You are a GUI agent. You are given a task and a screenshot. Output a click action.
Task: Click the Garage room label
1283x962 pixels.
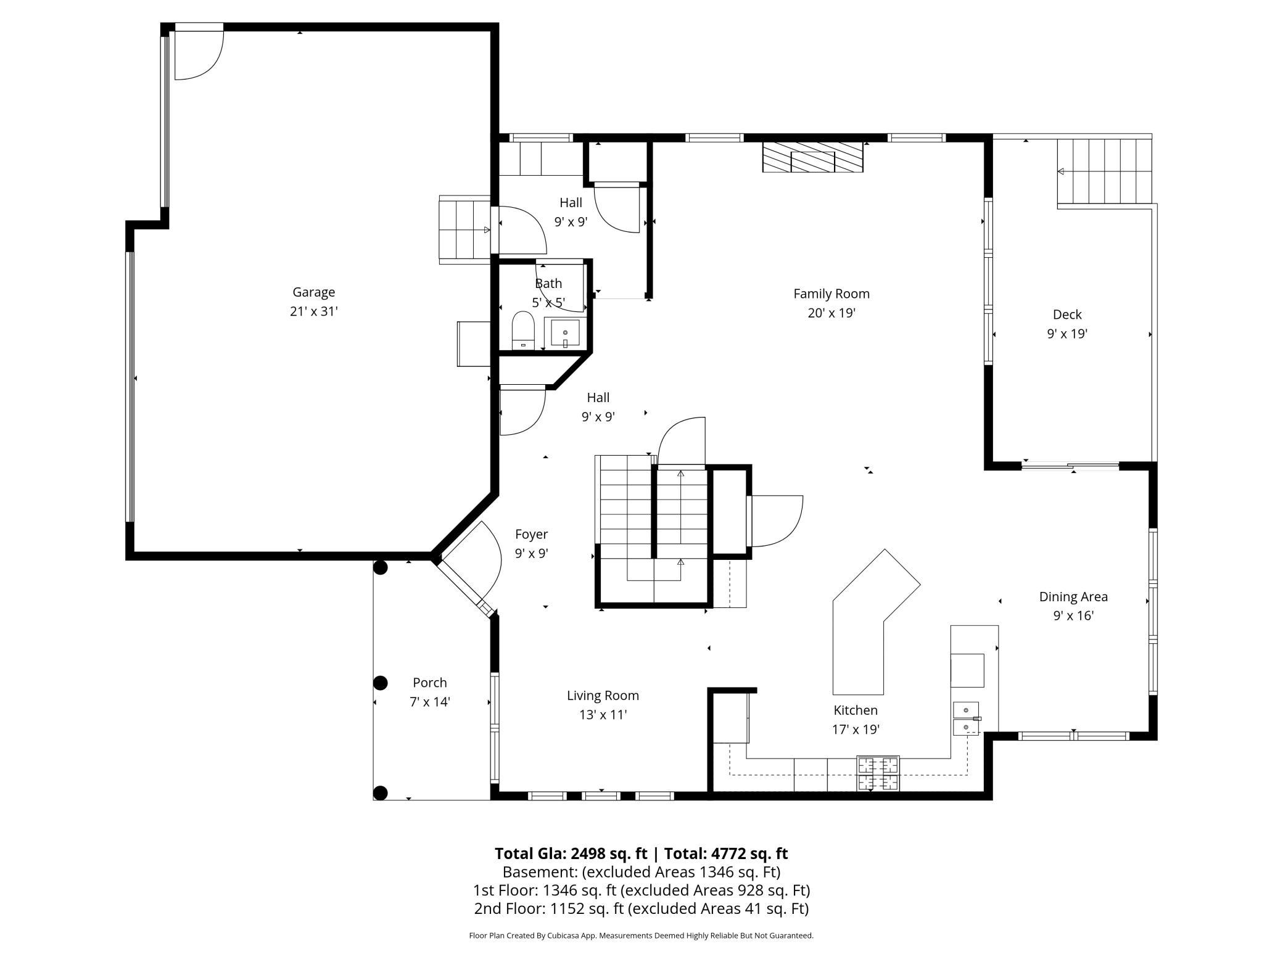point(313,292)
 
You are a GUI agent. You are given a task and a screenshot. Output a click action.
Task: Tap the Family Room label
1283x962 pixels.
point(831,294)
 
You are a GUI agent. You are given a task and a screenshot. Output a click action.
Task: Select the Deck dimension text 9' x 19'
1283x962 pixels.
point(1067,334)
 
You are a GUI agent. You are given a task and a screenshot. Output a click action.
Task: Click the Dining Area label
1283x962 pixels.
point(1073,596)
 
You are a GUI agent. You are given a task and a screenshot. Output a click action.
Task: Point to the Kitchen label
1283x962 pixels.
point(856,710)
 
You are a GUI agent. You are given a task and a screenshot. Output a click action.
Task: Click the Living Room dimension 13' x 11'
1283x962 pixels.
point(603,715)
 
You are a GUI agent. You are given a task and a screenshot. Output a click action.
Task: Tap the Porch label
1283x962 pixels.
point(430,683)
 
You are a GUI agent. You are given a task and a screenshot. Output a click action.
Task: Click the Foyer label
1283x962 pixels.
point(531,534)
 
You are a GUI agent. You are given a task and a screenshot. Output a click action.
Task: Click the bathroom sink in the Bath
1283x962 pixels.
point(565,334)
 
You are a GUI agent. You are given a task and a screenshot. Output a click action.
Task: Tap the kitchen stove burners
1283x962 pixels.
point(878,773)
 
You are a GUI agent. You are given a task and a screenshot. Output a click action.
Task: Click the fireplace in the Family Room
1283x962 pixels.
point(812,157)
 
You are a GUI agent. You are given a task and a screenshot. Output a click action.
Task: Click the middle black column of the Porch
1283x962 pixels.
point(381,683)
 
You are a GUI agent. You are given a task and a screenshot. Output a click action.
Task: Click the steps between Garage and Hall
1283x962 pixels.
point(464,229)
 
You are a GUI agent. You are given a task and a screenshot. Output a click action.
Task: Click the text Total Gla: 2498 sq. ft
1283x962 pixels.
point(571,853)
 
